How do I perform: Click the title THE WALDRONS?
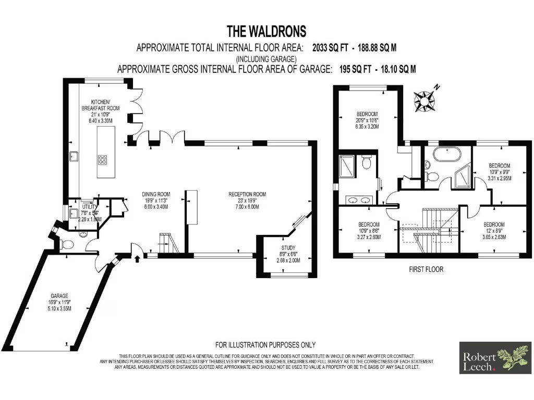click(266, 32)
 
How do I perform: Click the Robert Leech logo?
click(495, 357)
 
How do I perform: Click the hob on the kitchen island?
click(102, 160)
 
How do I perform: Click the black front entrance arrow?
click(137, 257)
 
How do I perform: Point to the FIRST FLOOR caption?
click(426, 269)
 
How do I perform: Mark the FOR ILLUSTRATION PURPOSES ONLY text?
click(265, 345)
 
